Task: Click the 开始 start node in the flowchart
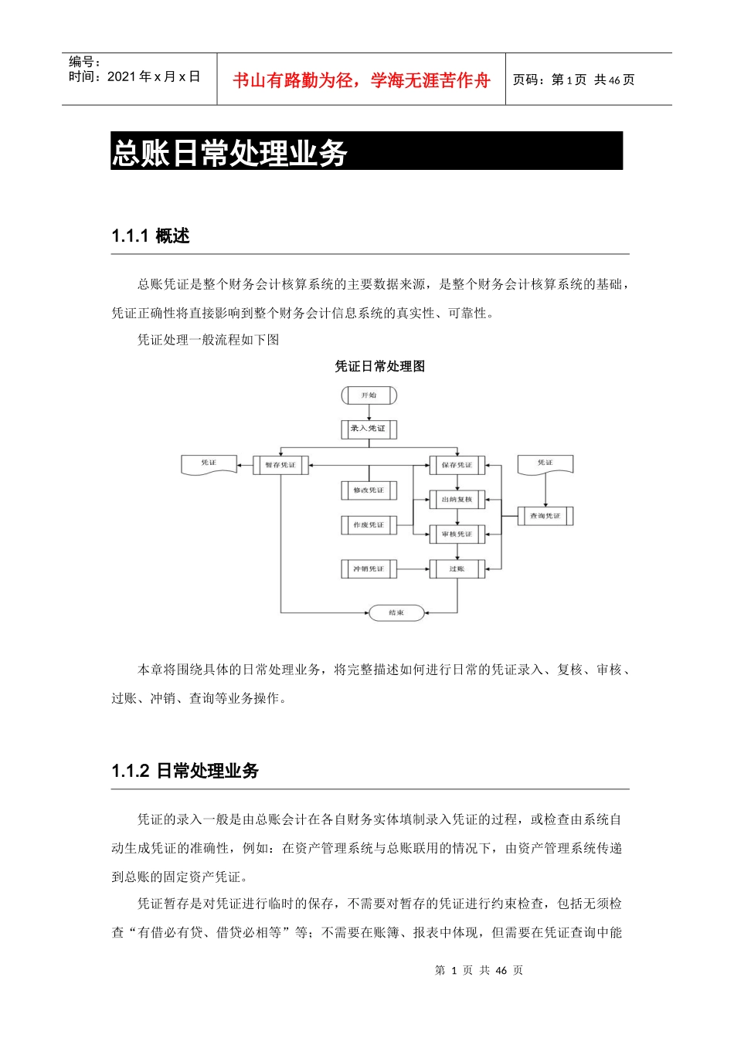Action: [x=369, y=395]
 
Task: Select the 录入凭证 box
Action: [x=369, y=429]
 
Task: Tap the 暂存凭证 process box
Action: [x=280, y=465]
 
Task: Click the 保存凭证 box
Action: [x=457, y=465]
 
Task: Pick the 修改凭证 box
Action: [x=369, y=490]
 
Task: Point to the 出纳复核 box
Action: [x=457, y=500]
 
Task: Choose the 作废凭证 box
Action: [x=369, y=525]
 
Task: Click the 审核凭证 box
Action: [x=457, y=534]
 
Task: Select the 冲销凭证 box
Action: [x=369, y=569]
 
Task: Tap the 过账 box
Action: [x=457, y=569]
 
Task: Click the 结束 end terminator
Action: [x=396, y=612]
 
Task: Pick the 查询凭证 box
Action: [x=545, y=516]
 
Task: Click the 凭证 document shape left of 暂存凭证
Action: [x=209, y=464]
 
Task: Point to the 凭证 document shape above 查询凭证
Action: [x=545, y=464]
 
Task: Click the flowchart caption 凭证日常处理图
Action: [x=380, y=366]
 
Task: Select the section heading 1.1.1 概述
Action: [x=151, y=236]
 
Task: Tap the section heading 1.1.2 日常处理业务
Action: [x=185, y=771]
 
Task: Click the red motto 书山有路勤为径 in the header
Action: [x=362, y=80]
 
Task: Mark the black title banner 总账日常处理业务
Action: [x=366, y=151]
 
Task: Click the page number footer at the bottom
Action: [x=479, y=970]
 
